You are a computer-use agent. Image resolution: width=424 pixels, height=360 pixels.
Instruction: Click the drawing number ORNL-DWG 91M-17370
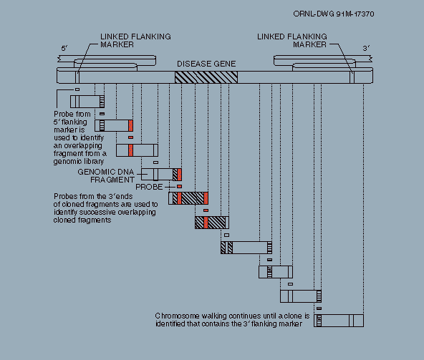tap(334, 14)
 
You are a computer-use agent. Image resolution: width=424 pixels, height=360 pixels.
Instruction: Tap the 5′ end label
tap(64, 49)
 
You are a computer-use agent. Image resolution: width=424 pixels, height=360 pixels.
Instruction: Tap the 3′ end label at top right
tap(366, 49)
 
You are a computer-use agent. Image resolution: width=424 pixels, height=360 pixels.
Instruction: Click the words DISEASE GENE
tap(206, 64)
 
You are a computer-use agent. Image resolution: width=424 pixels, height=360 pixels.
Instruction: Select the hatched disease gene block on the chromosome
tap(206, 77)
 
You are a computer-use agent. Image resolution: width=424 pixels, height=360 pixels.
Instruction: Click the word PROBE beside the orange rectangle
tap(149, 187)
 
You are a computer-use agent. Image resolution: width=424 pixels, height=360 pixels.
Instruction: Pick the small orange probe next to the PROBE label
tap(179, 187)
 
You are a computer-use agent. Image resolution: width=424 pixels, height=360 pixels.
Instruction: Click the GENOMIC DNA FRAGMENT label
tap(106, 175)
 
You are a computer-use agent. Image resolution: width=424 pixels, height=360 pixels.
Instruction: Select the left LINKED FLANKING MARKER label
tap(135, 41)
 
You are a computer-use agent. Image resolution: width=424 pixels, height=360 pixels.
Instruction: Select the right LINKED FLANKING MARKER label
tap(292, 41)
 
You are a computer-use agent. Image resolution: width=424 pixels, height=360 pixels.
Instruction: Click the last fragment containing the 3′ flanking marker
tap(339, 321)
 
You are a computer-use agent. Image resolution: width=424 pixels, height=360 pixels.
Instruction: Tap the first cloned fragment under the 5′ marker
tap(87, 102)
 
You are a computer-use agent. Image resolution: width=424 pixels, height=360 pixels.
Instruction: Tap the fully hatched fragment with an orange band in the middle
tap(212, 223)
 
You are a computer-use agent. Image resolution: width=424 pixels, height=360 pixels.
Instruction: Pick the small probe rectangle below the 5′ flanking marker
tap(77, 89)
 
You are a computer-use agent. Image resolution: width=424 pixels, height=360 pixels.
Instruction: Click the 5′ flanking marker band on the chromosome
tap(77, 77)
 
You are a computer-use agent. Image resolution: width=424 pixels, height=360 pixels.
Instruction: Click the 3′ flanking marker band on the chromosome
tap(352, 77)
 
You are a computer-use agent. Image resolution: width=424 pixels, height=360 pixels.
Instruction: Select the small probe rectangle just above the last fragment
tap(319, 308)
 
